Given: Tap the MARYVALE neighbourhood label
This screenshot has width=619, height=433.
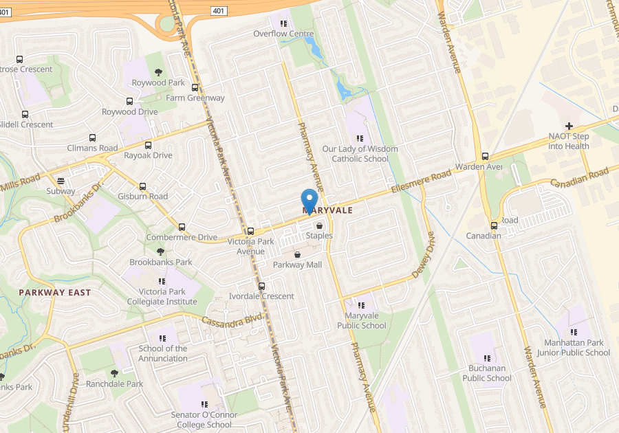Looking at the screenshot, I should click(x=327, y=210).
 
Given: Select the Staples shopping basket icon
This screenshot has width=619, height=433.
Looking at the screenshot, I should click(x=319, y=225).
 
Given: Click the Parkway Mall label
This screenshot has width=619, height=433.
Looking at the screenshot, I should click(x=297, y=265).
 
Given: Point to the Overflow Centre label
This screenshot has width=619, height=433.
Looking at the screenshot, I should click(x=283, y=34).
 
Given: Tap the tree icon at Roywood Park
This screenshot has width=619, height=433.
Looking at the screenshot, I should click(x=159, y=72).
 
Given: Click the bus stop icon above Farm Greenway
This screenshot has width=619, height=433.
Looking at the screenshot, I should click(x=195, y=88).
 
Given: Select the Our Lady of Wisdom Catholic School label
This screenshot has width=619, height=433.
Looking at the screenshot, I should click(x=360, y=154).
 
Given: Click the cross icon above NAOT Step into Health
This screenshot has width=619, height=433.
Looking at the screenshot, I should click(x=569, y=126).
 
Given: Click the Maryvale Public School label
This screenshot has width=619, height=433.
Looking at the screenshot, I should click(x=362, y=321).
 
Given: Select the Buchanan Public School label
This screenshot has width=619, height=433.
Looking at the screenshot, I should click(x=487, y=373).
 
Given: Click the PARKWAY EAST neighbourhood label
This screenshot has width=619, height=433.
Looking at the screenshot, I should click(x=55, y=292).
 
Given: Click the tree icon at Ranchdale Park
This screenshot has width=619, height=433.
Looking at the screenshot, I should click(x=115, y=373).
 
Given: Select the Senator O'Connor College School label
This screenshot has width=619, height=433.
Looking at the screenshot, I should click(x=204, y=419).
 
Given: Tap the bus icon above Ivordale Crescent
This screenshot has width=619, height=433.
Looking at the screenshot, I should click(x=261, y=286).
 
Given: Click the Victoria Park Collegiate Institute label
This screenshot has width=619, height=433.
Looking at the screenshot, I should click(x=163, y=297).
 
